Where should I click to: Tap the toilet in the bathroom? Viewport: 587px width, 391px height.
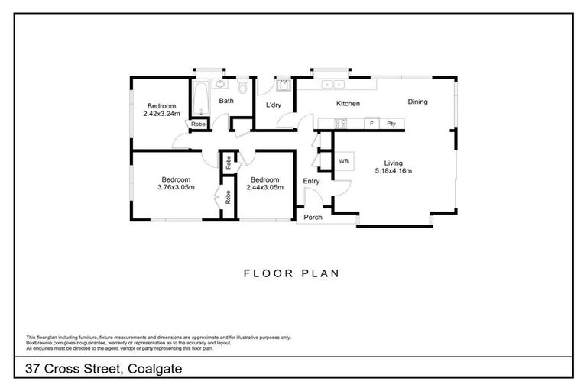tap(244, 89)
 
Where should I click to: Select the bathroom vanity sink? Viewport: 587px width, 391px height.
tap(220, 85)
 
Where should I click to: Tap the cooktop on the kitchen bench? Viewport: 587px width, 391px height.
tap(342, 122)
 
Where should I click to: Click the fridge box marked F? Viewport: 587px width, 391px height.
tap(372, 123)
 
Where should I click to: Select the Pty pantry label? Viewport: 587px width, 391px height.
tap(391, 123)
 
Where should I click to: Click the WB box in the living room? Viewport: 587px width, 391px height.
tap(343, 161)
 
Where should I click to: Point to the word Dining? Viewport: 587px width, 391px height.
tap(417, 102)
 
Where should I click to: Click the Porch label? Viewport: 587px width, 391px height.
tap(313, 218)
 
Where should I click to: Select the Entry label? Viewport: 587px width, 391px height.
tap(312, 181)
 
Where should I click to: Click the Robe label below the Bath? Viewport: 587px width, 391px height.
tap(197, 124)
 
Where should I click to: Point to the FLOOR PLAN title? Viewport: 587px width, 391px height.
tap(292, 272)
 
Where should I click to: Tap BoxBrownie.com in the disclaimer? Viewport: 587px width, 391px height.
tap(43, 342)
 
